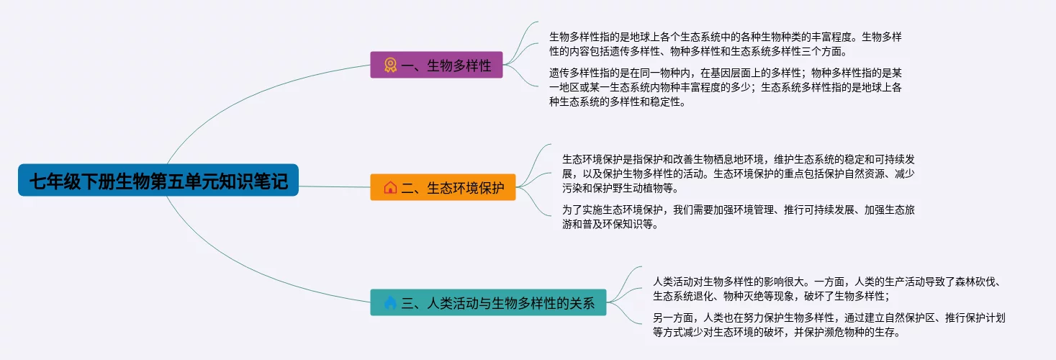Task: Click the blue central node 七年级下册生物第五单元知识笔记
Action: coord(158,181)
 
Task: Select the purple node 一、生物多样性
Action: coord(436,66)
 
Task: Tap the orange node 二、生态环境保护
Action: coord(443,187)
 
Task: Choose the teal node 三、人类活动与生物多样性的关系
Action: coord(488,303)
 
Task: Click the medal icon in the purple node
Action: coord(390,66)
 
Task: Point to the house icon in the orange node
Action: coord(390,188)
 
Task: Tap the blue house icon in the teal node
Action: coord(390,303)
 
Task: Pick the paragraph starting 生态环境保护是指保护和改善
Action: coord(738,174)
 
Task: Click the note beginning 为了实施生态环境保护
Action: coord(738,217)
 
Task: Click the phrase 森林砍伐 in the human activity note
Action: coord(976,282)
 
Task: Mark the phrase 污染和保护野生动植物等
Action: coord(620,189)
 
